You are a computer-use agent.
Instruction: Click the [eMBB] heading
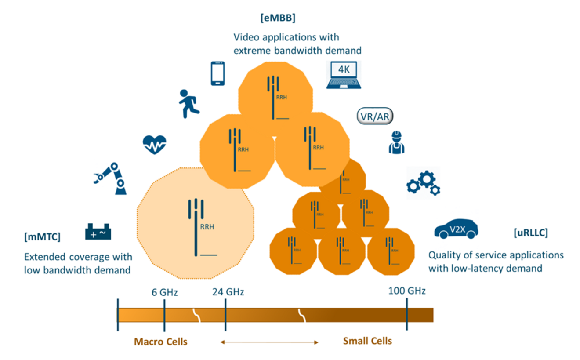point(278,18)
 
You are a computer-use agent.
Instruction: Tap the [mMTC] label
point(42,237)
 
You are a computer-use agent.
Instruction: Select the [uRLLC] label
point(531,233)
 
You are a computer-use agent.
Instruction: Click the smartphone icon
point(218,73)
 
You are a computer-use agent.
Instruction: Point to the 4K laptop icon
point(344,75)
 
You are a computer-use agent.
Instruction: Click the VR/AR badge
point(375,116)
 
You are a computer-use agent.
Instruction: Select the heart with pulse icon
point(155,145)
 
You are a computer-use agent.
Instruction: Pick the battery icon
point(98,231)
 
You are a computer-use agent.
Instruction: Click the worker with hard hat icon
point(396,142)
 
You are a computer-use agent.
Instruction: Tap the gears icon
point(423,183)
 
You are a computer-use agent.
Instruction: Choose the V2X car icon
point(456,229)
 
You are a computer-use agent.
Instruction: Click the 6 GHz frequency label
point(165,292)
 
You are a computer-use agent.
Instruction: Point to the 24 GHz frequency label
point(228,292)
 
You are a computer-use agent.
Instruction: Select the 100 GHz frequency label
point(407,291)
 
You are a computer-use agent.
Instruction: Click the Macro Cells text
point(160,342)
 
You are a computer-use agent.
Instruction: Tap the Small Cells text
point(367,341)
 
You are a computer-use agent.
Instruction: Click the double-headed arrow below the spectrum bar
point(269,342)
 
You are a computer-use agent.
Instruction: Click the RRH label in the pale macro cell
point(207,227)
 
